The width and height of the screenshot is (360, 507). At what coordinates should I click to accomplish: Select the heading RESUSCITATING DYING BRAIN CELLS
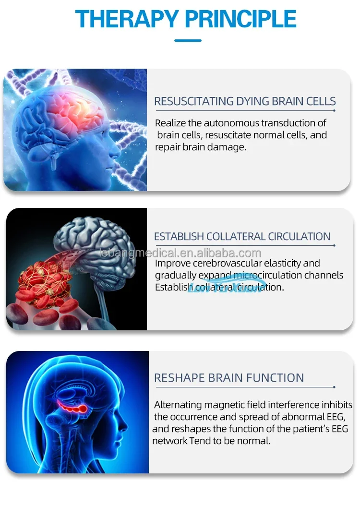[x=245, y=101]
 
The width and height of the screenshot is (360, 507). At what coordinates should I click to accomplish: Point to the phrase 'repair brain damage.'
[x=200, y=147]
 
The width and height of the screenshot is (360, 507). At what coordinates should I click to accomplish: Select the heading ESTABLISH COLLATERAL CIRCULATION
[x=242, y=237]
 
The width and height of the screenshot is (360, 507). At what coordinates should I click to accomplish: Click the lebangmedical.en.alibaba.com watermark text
[x=179, y=253]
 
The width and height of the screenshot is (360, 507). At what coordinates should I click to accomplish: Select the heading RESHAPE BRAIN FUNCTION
[x=229, y=378]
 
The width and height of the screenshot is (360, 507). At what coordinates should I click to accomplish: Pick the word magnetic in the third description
[x=229, y=405]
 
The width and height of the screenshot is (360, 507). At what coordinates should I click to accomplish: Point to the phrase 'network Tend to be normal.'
[x=211, y=441]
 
